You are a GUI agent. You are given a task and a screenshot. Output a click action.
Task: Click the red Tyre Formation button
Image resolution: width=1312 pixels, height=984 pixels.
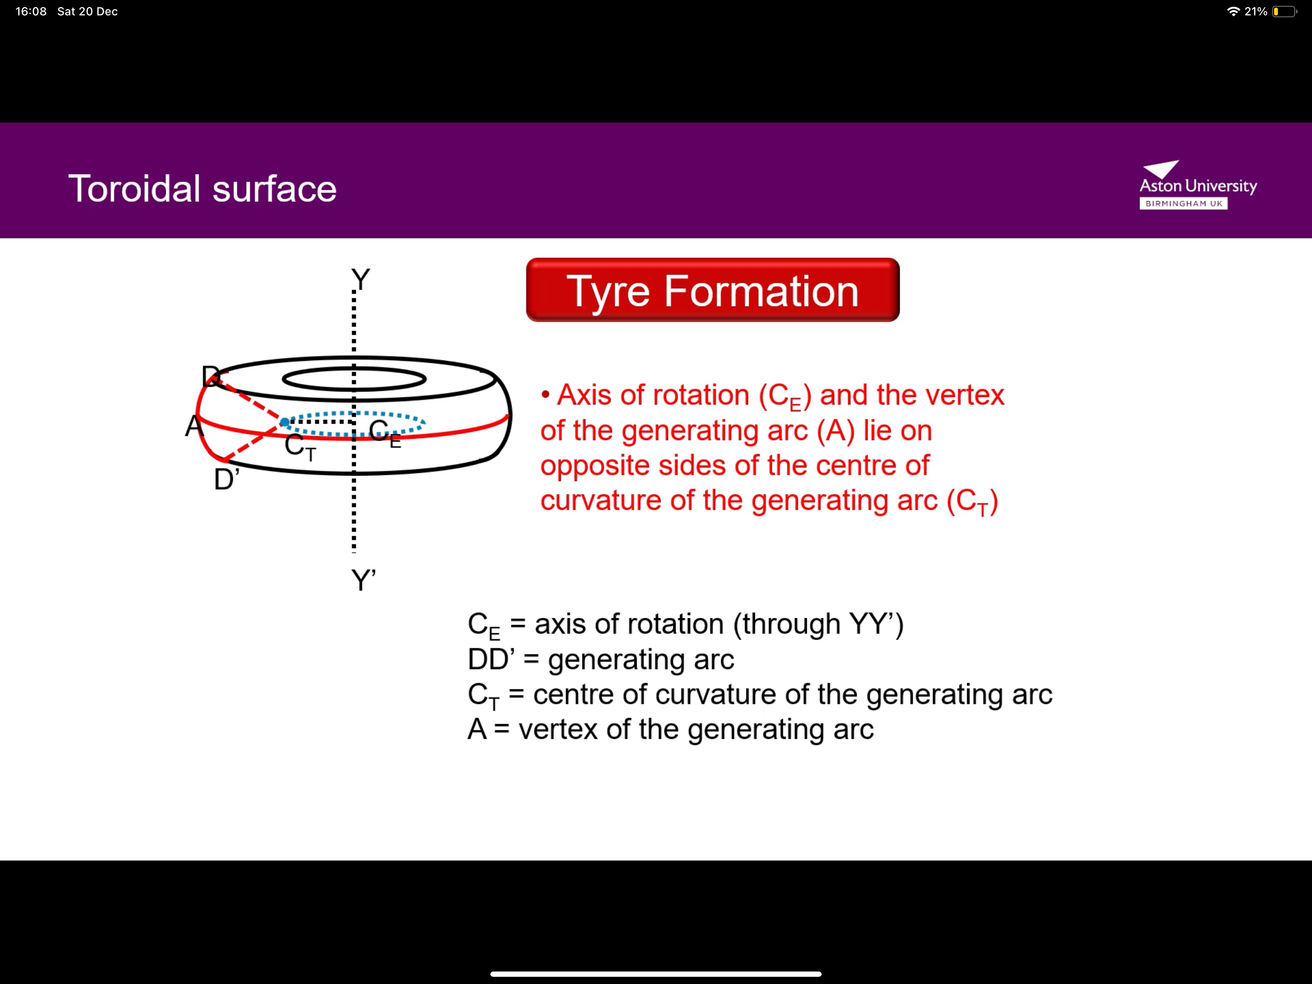tap(712, 290)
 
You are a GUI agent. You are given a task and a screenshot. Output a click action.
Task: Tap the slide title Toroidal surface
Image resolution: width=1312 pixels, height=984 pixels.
tap(202, 189)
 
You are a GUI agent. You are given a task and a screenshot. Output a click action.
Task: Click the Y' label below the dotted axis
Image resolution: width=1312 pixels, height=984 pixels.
tap(363, 580)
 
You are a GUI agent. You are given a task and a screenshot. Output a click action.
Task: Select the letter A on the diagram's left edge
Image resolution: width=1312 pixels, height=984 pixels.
tap(193, 426)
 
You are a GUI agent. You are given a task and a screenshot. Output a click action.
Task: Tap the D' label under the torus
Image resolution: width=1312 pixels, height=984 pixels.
tap(226, 479)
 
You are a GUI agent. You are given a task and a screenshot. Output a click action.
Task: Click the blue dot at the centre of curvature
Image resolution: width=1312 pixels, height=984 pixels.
tap(285, 422)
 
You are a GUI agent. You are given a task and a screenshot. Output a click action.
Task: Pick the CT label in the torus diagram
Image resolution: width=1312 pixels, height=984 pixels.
tap(300, 446)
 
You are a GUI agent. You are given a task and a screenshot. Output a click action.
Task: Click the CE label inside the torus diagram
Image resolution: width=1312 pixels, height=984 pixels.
tap(384, 432)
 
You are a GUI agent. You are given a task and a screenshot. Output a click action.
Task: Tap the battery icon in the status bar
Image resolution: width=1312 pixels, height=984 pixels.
tap(1284, 11)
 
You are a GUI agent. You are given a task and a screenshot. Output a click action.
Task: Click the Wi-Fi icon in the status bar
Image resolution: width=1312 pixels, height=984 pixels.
tap(1234, 11)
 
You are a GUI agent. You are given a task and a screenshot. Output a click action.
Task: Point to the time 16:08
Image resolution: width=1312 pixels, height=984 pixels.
tap(31, 11)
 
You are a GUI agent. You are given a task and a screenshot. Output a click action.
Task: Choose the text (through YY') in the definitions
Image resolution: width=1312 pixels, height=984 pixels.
tap(818, 624)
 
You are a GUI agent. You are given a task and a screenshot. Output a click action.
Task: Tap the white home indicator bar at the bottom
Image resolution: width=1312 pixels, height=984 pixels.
tap(656, 974)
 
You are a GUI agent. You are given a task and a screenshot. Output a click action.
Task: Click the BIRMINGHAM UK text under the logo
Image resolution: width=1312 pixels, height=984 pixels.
tap(1183, 204)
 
